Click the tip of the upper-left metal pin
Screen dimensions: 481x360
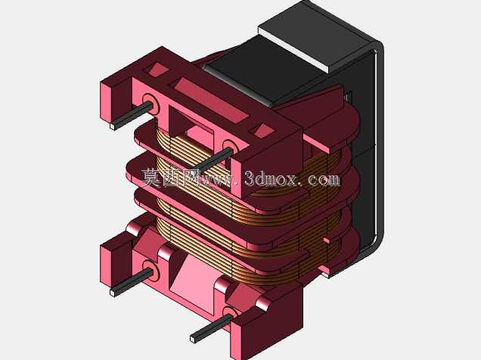(113, 126)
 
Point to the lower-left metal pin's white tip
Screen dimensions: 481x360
(113, 293)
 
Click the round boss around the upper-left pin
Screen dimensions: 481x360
(151, 104)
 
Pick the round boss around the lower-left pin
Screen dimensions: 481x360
(151, 271)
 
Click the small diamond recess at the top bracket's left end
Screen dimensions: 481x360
(158, 70)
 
